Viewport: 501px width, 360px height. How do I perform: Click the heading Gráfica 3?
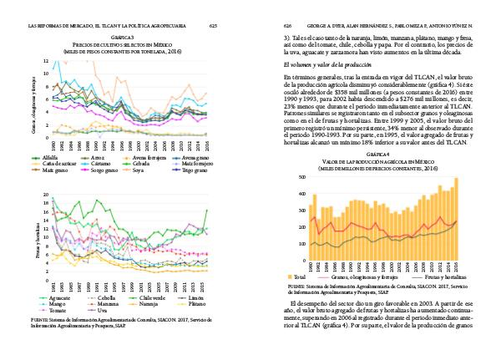click(123, 38)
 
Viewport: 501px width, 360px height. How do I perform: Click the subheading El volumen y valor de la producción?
click(328, 64)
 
